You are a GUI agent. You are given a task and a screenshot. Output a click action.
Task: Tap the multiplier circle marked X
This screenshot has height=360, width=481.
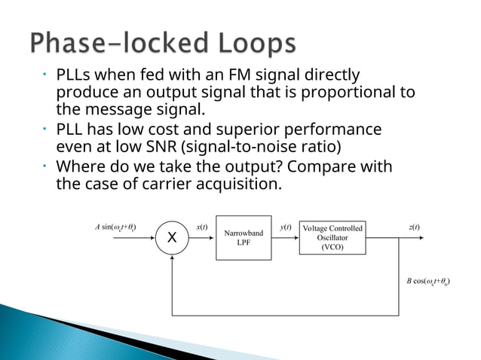coord(173,238)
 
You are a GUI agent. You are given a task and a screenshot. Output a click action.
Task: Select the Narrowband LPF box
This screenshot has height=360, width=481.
coord(243,238)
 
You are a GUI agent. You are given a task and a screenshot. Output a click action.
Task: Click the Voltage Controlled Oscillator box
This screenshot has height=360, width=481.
coord(332,238)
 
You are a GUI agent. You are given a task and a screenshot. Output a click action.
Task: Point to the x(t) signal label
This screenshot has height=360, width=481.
coord(202,227)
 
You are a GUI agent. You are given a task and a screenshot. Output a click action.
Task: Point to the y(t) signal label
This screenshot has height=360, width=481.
coord(286,227)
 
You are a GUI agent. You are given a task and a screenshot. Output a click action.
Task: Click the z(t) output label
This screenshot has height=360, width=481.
coord(415,227)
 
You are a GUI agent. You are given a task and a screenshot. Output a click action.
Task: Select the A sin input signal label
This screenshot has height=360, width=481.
coord(115,227)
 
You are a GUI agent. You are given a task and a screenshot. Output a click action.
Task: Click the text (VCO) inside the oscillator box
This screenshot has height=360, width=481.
coord(332,248)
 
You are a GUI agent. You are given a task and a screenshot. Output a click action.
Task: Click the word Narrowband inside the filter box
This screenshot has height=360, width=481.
coord(243,233)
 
